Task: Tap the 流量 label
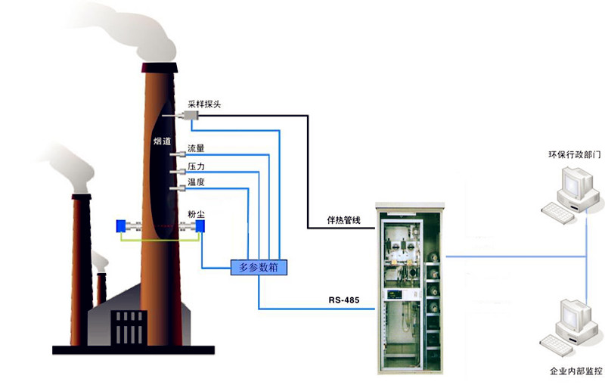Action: [196, 148]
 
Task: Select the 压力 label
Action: [196, 165]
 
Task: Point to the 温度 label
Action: [196, 182]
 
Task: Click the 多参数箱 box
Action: [259, 266]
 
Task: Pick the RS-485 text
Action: [343, 301]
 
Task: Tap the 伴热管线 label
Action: [343, 221]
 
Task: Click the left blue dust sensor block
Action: [121, 226]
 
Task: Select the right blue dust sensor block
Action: [200, 226]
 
